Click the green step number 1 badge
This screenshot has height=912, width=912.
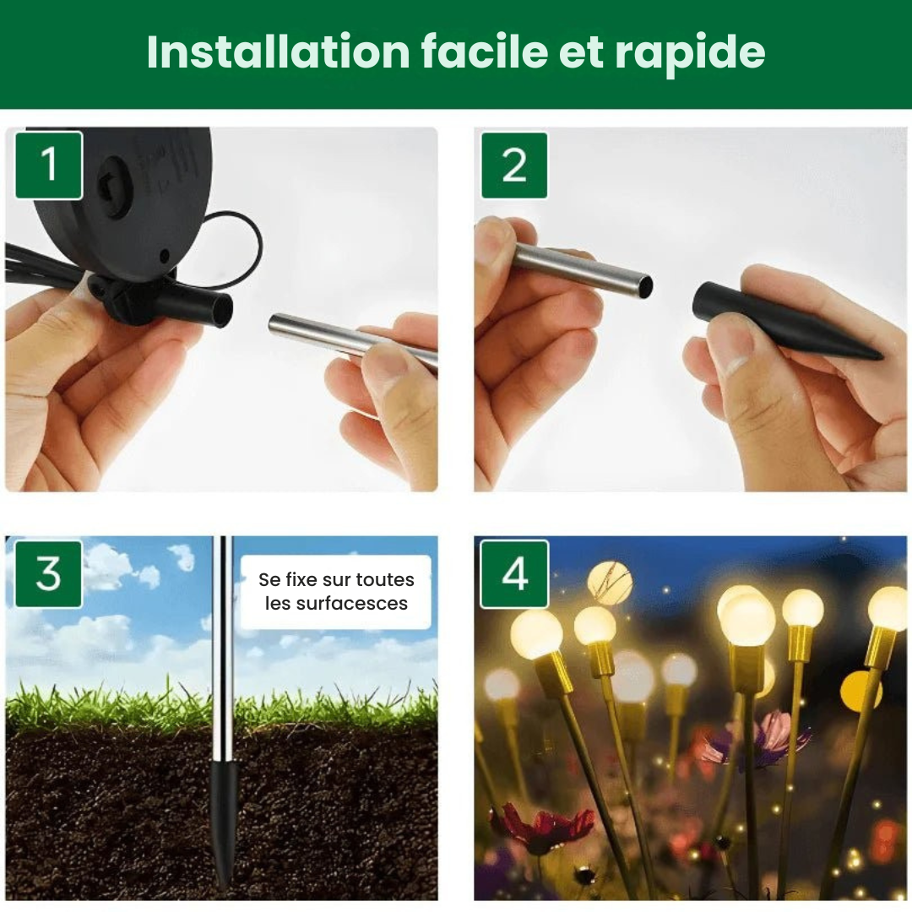[49, 165]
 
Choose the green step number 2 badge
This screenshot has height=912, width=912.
[514, 165]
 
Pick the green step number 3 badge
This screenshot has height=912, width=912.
[49, 574]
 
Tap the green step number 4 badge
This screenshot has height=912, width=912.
[514, 574]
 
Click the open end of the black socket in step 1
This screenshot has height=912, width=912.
[222, 310]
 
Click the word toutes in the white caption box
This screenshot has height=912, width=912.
[384, 580]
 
